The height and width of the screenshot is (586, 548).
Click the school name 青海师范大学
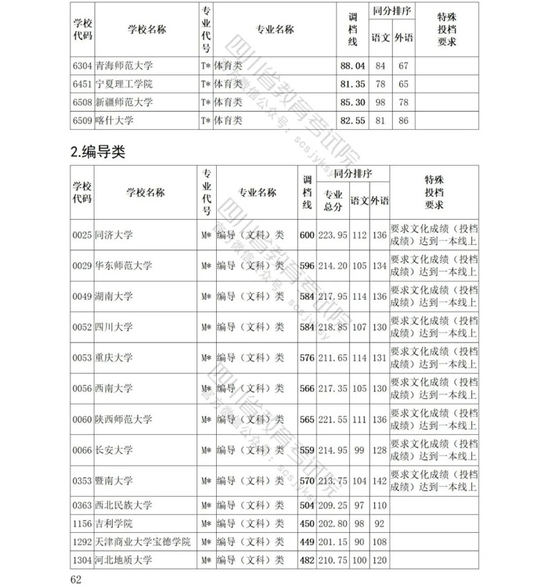coord(123,66)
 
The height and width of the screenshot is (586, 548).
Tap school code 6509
coord(82,120)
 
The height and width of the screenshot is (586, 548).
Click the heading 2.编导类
coord(98,153)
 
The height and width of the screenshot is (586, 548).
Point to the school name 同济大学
coord(114,235)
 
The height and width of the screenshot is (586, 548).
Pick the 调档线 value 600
coord(306,235)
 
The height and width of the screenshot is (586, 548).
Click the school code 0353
coord(82,480)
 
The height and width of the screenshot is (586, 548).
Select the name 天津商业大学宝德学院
coord(142,542)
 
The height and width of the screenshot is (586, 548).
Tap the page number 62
coord(76,579)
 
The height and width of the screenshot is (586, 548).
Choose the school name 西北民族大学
coord(123,505)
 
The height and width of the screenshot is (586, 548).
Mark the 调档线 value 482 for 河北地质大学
coord(306,560)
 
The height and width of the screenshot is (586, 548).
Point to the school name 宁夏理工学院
coord(123,84)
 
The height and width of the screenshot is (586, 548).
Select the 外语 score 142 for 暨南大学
coord(380,480)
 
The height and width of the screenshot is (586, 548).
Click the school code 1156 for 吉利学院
coord(82,523)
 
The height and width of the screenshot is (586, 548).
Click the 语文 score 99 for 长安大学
coord(359,450)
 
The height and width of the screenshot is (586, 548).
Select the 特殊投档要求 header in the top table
coord(447,29)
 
